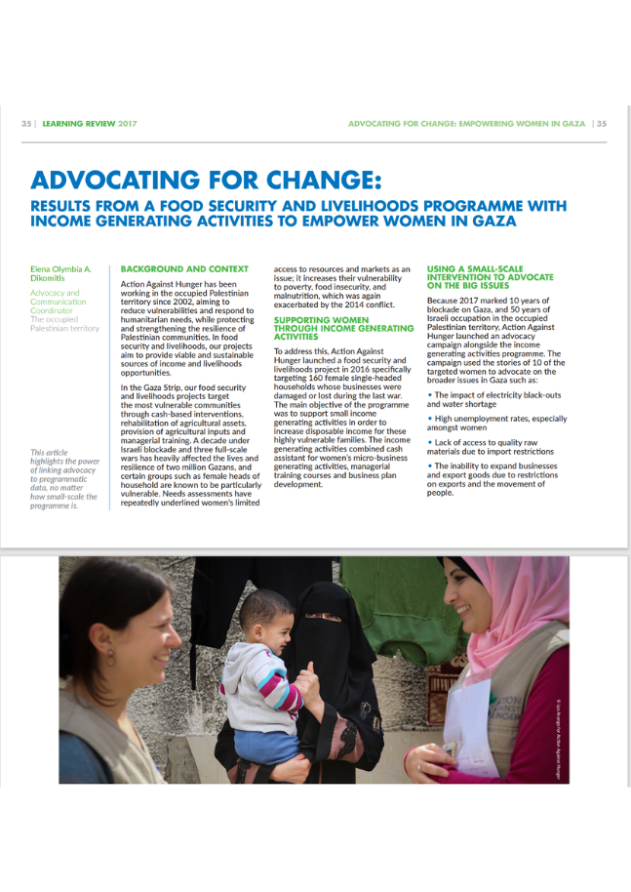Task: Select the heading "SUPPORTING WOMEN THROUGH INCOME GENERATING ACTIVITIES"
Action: point(330,328)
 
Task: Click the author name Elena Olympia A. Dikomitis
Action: point(60,272)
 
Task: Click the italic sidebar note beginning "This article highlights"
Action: point(63,479)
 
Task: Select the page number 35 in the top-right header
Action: point(601,124)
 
